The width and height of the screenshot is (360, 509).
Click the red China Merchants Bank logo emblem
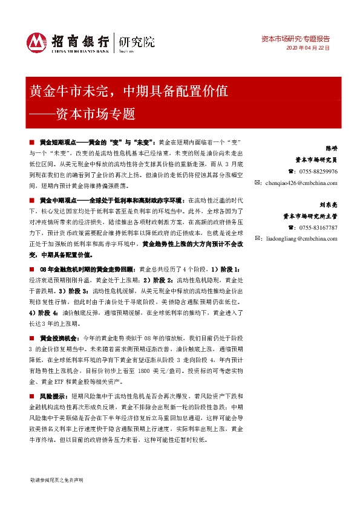tap(37, 41)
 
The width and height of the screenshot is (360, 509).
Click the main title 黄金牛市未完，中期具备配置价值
tap(128, 92)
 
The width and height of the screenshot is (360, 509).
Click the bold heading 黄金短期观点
tap(56, 141)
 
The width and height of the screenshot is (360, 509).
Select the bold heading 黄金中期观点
tap(56, 200)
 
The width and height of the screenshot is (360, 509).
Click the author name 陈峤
tap(332, 148)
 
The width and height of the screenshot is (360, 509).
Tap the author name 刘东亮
tap(329, 204)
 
